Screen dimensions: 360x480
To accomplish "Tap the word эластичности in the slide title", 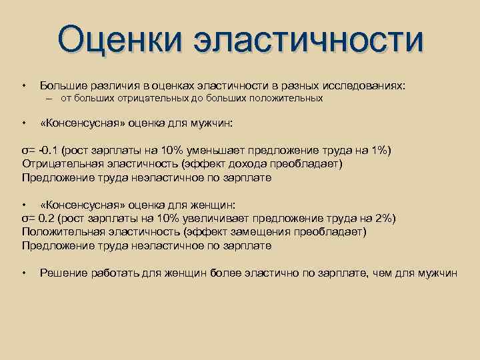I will (x=307, y=39).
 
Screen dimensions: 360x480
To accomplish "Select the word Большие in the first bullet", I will (x=62, y=85).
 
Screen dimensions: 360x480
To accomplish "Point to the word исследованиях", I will (x=366, y=85).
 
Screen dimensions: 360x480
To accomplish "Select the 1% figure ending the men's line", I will (x=380, y=150).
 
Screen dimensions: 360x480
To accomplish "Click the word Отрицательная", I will (x=61, y=164).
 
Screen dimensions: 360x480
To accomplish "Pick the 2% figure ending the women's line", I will (x=383, y=218).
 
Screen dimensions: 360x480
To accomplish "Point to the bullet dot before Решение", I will (x=24, y=273).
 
